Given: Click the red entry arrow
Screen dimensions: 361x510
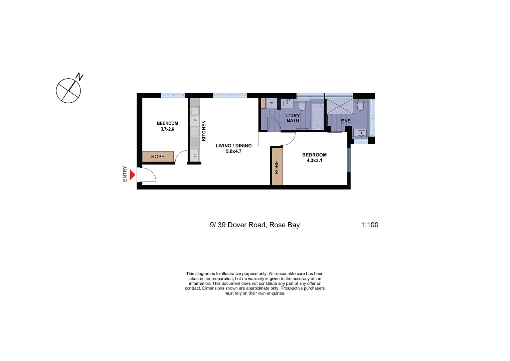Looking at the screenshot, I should click(132, 174).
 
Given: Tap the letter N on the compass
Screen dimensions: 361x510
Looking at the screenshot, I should click(79, 77).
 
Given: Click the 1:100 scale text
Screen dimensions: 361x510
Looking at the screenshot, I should click(369, 225).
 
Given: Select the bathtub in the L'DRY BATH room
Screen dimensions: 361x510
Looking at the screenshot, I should click(318, 117).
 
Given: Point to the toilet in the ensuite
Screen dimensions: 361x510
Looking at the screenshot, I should click(360, 106).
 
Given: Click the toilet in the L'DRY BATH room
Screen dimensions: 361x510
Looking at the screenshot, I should click(302, 106).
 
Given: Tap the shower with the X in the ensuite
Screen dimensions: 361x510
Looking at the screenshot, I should click(339, 106).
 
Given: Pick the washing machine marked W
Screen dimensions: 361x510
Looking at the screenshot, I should click(271, 103).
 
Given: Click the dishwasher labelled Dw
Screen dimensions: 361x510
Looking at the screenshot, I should click(195, 121).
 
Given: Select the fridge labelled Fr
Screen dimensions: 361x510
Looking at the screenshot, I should click(195, 155).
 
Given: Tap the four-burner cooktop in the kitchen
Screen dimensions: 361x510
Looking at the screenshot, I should click(195, 132).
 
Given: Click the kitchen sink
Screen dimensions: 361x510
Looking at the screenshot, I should click(195, 110).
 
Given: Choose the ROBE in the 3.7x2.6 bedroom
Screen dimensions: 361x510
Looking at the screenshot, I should click(158, 156).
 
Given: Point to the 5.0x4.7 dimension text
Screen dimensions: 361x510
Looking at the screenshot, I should click(233, 151).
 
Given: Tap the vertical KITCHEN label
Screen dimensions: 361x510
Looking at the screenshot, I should click(204, 130).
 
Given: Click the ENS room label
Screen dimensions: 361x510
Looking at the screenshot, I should click(346, 121).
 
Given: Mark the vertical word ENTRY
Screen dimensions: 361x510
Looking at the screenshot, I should click(125, 174).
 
